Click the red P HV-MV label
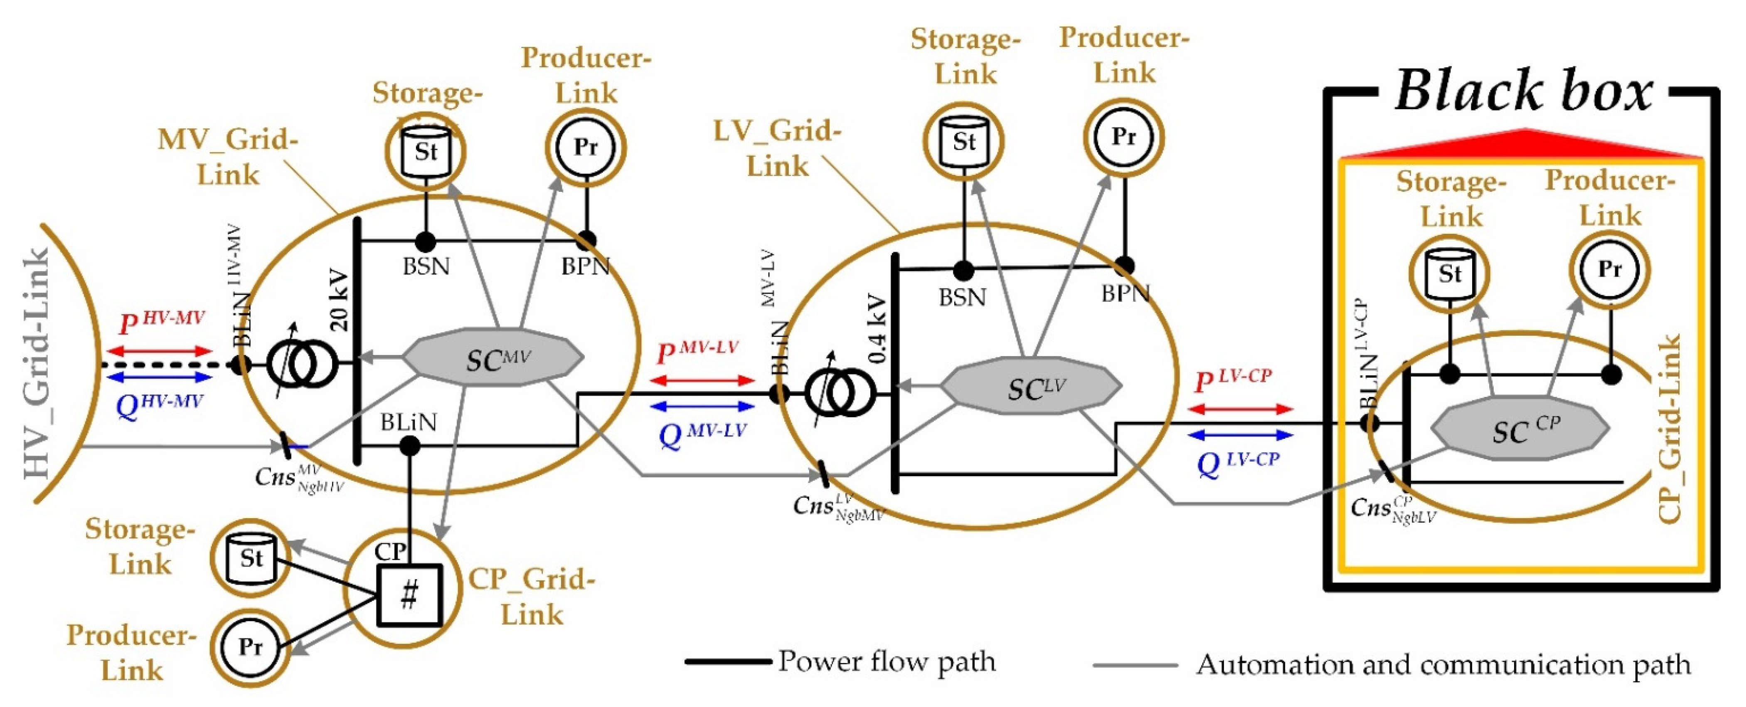(161, 322)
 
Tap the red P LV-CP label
(1232, 381)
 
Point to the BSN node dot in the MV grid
(425, 241)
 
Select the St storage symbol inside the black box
(1450, 273)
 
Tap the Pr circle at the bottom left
(250, 647)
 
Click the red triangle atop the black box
(1525, 144)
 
